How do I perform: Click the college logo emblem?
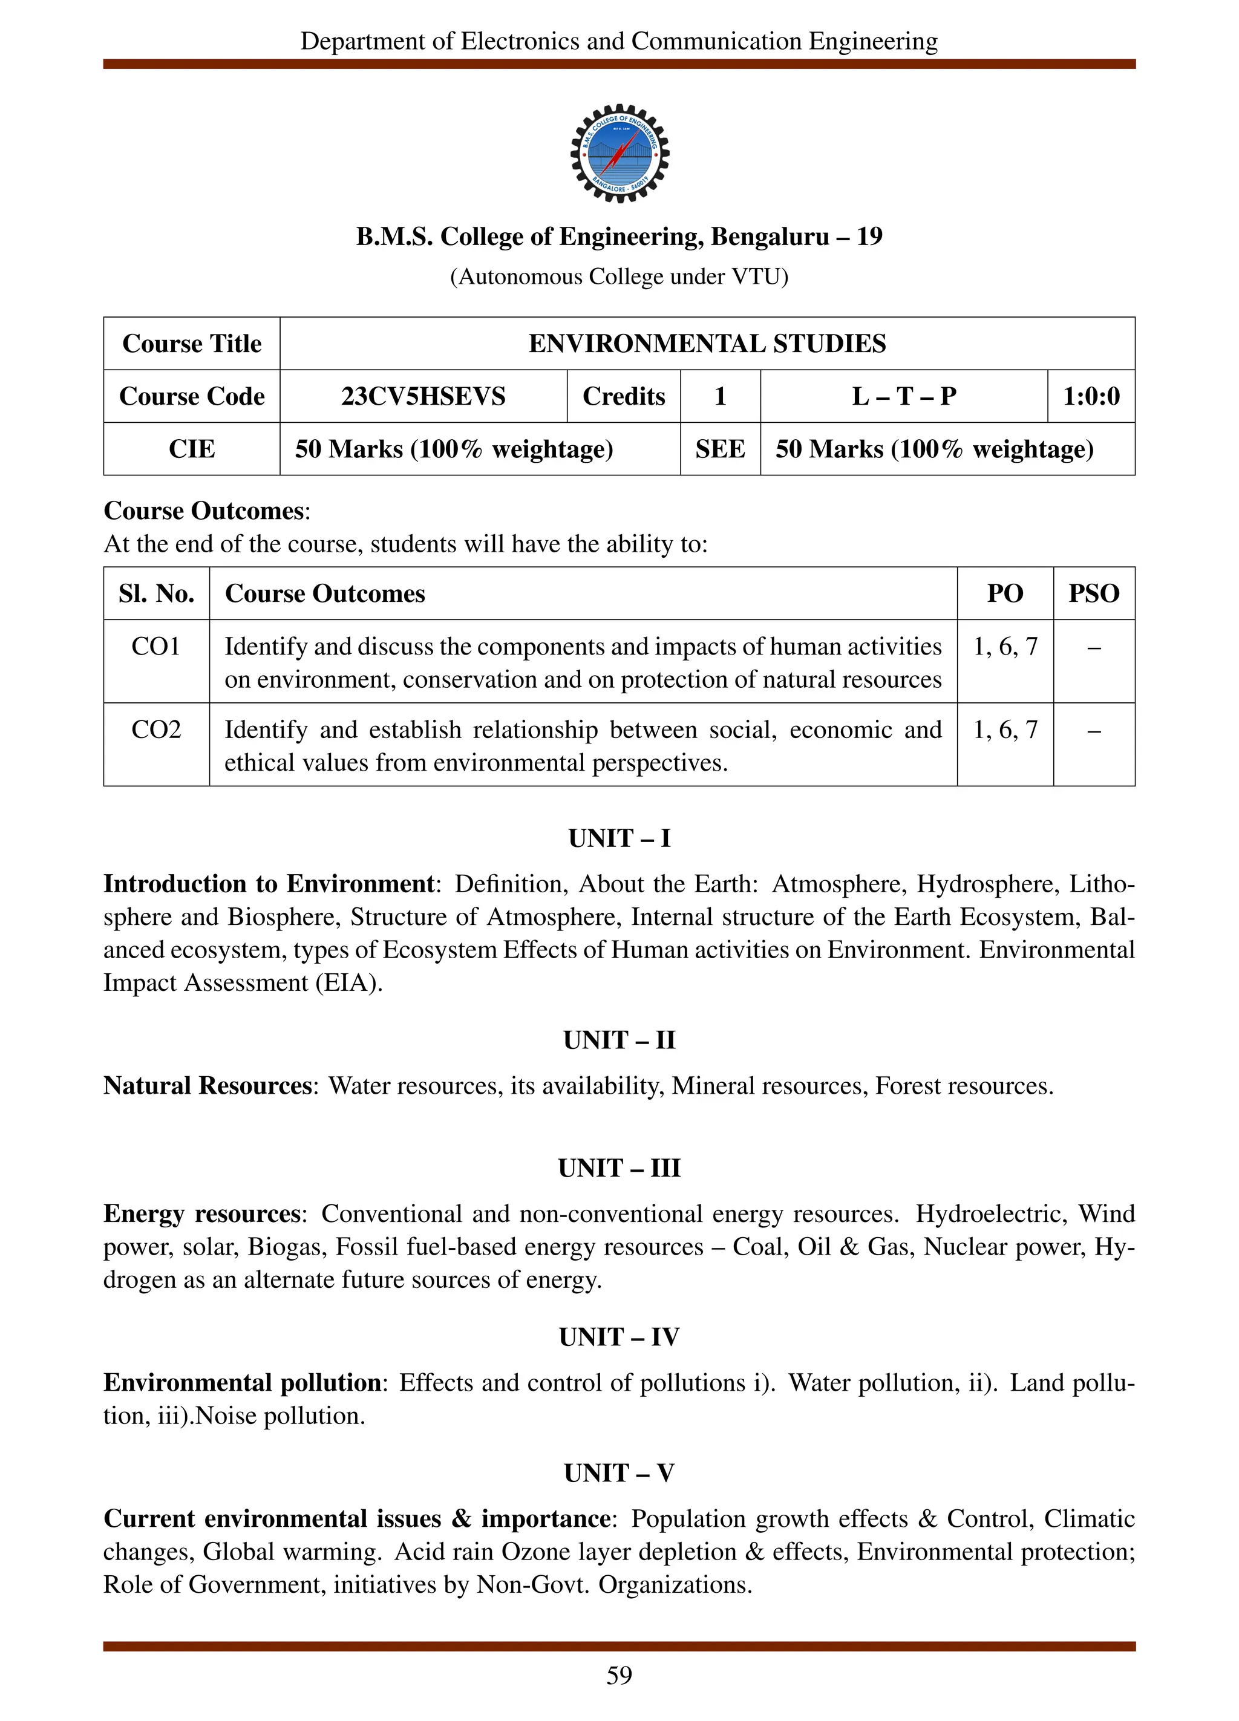pos(619,153)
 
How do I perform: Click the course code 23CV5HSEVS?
pos(423,396)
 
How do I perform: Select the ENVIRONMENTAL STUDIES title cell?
pos(707,344)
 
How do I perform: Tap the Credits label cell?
pos(623,396)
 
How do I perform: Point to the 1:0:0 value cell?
pos(1090,396)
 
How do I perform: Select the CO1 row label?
pos(155,647)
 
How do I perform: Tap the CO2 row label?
pos(155,730)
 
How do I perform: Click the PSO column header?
pos(1093,593)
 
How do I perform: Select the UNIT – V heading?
pos(619,1473)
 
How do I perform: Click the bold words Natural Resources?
pos(207,1086)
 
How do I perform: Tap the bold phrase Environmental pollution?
pos(242,1383)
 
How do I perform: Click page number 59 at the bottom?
pos(619,1676)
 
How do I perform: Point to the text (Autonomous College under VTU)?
pos(619,277)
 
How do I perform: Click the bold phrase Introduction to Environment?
pos(269,884)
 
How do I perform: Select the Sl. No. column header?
pos(156,593)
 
